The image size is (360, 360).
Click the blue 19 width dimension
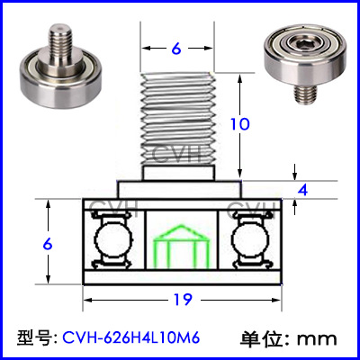pyautogui.click(x=183, y=300)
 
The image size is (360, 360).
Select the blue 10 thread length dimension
pyautogui.click(x=240, y=124)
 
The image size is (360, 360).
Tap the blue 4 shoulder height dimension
pyautogui.click(x=303, y=190)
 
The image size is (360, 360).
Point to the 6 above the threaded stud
pyautogui.click(x=176, y=49)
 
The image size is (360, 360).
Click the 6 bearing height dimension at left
pyautogui.click(x=48, y=245)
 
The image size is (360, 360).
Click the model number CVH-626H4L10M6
pyautogui.click(x=131, y=338)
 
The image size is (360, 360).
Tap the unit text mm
pyautogui.click(x=317, y=339)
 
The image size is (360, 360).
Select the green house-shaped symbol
pyautogui.click(x=181, y=246)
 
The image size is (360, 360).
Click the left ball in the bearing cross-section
pyautogui.click(x=113, y=239)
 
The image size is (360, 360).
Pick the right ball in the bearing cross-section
pyautogui.click(x=250, y=239)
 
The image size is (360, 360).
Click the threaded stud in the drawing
pyautogui.click(x=177, y=119)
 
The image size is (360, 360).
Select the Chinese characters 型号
pyautogui.click(x=34, y=338)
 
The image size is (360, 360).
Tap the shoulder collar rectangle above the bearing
pyautogui.click(x=180, y=190)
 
